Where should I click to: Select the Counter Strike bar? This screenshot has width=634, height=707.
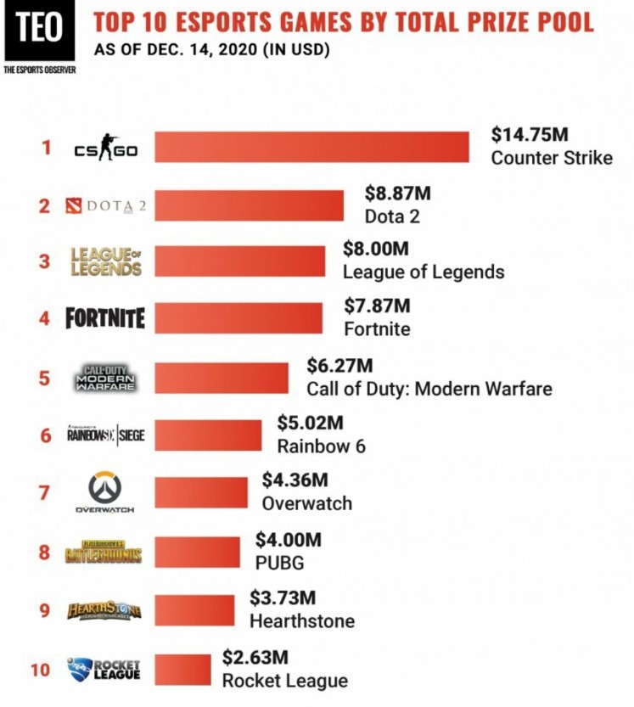click(311, 148)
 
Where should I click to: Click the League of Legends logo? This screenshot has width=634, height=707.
click(105, 261)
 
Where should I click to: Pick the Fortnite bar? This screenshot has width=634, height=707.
click(238, 318)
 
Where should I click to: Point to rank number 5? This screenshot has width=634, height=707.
click(44, 378)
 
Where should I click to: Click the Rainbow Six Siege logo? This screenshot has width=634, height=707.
click(105, 435)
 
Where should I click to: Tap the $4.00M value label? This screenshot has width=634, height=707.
click(289, 540)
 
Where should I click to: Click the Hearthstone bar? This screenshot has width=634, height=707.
click(194, 609)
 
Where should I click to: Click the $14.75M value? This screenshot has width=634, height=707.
click(525, 135)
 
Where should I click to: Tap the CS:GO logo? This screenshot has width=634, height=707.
click(105, 149)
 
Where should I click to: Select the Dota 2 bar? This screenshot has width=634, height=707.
click(249, 205)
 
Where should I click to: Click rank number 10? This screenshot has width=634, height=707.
click(41, 670)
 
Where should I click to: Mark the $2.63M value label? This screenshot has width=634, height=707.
click(255, 657)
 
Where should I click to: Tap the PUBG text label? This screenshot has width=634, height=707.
click(279, 563)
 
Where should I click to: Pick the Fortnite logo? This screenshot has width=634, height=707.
click(105, 318)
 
